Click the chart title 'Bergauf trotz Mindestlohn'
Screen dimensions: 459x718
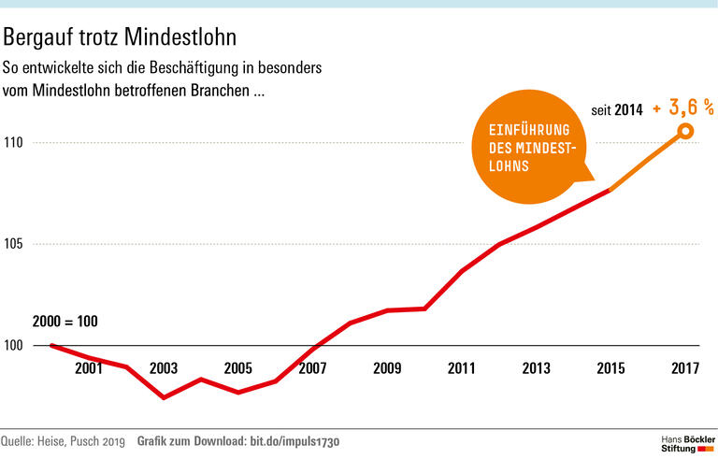[x=120, y=37]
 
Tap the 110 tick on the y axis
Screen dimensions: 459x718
[x=14, y=143]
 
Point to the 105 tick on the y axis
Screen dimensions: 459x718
[x=14, y=245]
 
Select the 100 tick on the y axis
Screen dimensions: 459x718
[x=14, y=346]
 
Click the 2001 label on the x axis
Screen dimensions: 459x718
[x=89, y=368]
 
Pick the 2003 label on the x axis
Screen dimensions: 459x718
[x=164, y=368]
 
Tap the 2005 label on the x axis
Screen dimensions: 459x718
[x=237, y=368]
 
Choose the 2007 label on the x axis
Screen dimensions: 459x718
[x=312, y=368]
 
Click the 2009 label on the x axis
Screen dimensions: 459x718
[x=387, y=368]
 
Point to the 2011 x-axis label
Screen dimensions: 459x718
[x=461, y=368]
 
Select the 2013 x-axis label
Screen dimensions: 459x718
[x=536, y=368]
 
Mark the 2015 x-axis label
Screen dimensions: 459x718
[x=610, y=368]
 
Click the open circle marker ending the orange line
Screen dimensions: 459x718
[x=685, y=132]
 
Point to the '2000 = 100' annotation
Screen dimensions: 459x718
[x=65, y=322]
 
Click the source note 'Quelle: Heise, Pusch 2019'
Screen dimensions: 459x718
[x=63, y=440]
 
